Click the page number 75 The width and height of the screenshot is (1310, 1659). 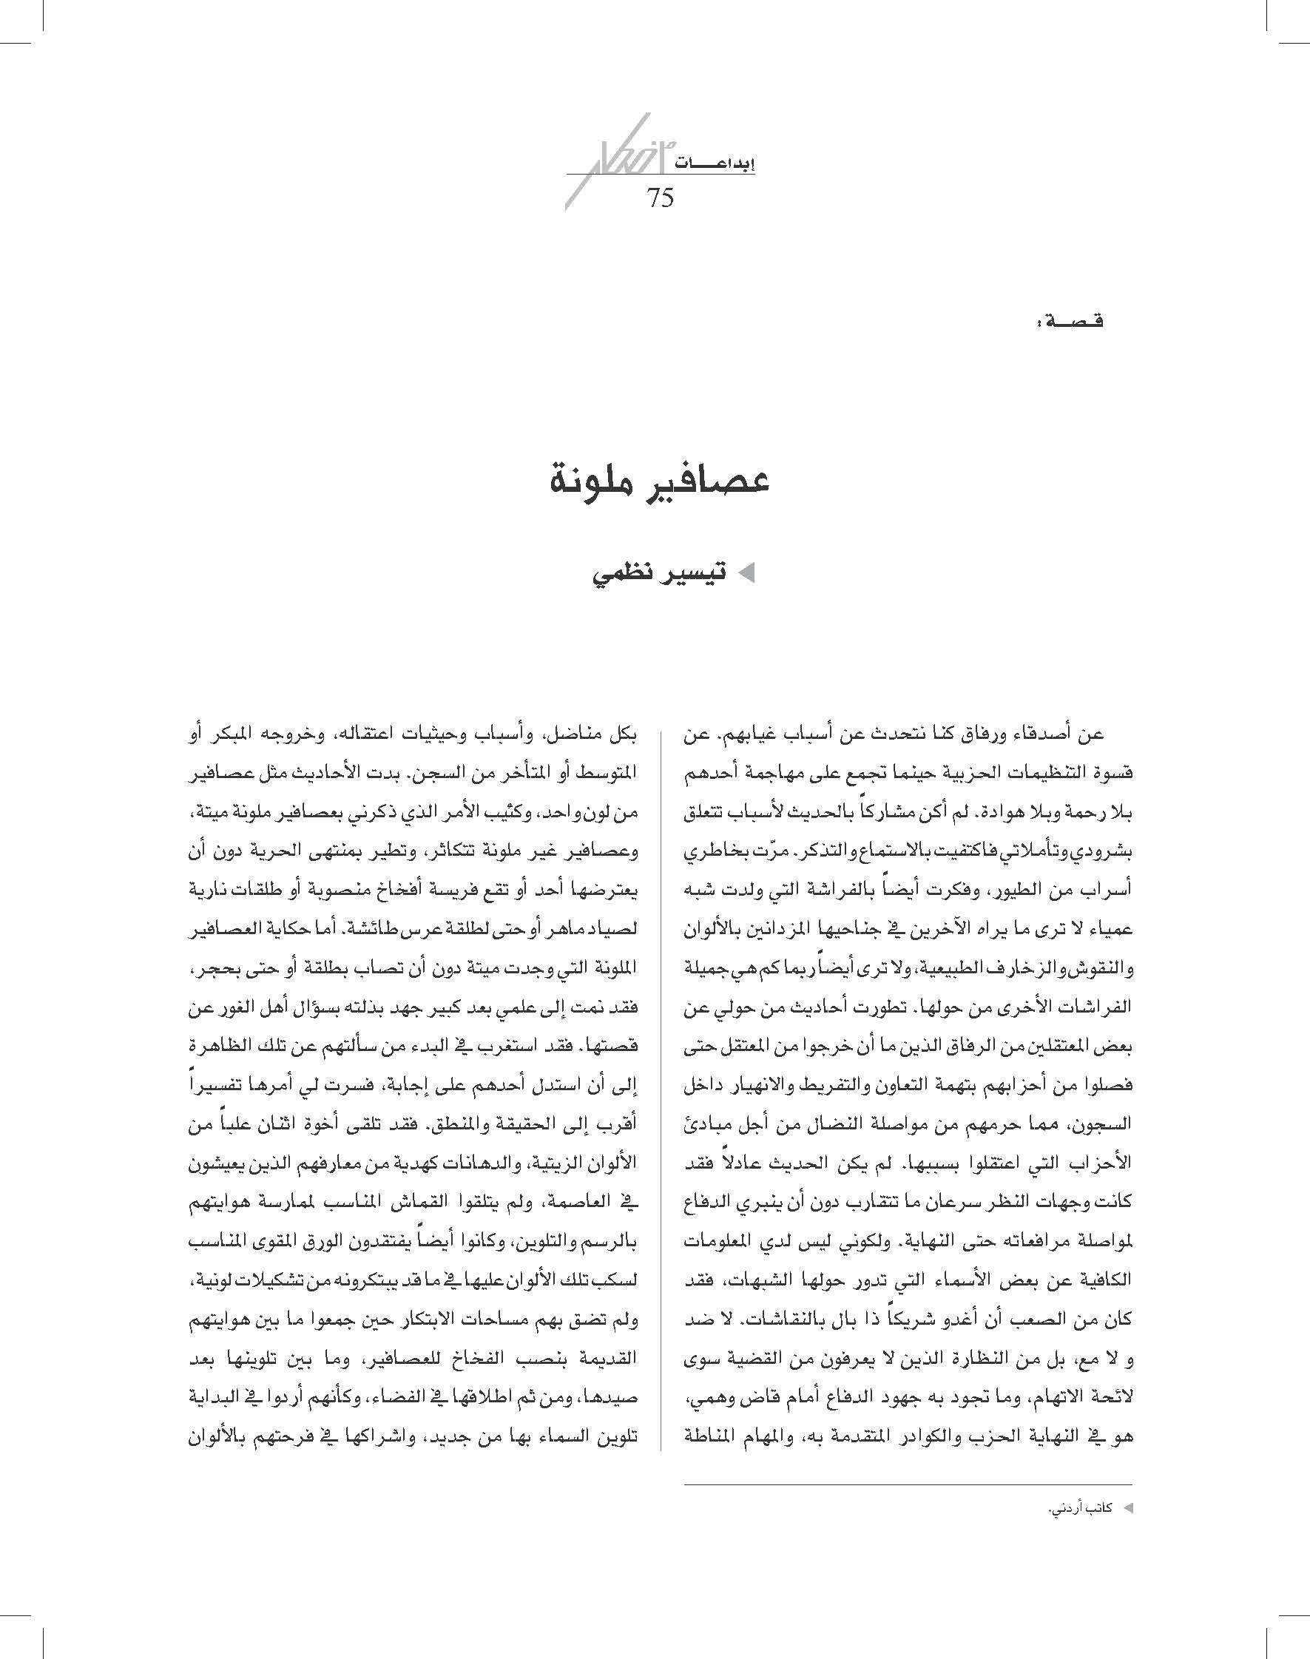pos(660,198)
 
